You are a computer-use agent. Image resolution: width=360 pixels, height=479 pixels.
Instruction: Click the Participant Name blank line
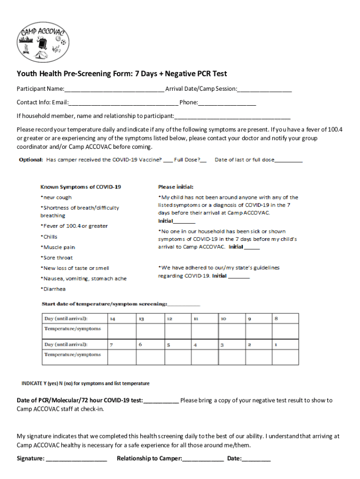[115, 89]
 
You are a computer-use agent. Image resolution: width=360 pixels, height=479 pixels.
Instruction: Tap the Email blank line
[123, 102]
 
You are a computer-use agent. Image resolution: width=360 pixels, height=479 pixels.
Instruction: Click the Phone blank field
[227, 102]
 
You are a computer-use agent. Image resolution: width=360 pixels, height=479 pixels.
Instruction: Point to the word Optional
[31, 160]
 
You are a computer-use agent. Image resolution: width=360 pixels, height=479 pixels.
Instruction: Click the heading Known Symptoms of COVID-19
[80, 187]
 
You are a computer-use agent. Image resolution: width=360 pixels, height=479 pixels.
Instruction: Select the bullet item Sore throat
[57, 258]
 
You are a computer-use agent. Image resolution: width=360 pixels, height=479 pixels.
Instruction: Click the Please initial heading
[176, 187]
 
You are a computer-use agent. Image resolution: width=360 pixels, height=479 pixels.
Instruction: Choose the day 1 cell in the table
[285, 345]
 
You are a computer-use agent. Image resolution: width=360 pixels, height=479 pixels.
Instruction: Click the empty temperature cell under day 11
[204, 331]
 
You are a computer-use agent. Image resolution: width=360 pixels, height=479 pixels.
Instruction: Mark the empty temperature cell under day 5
[177, 357]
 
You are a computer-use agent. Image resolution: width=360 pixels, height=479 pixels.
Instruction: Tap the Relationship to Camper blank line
[203, 459]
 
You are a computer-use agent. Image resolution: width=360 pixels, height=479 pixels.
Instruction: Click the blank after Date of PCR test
[161, 401]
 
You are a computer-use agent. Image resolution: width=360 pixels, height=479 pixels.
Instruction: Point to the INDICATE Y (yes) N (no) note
[86, 384]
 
